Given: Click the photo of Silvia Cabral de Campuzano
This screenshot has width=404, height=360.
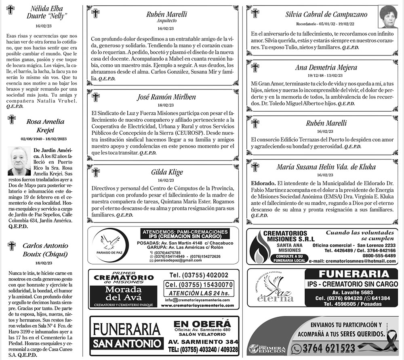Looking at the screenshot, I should click(388, 17).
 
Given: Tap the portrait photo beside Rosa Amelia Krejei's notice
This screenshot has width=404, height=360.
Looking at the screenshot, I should click(19, 161).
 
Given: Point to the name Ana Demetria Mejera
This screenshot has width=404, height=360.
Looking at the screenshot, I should click(326, 68).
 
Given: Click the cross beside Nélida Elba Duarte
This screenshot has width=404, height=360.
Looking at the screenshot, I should click(11, 9).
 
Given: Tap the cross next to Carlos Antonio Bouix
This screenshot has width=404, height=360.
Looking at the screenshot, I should click(12, 246).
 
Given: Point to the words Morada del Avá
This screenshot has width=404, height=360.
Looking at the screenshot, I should click(122, 293).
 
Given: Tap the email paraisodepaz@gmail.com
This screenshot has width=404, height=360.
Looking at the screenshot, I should click(175, 261).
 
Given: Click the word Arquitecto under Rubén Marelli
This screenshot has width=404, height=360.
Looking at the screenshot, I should click(166, 21).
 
